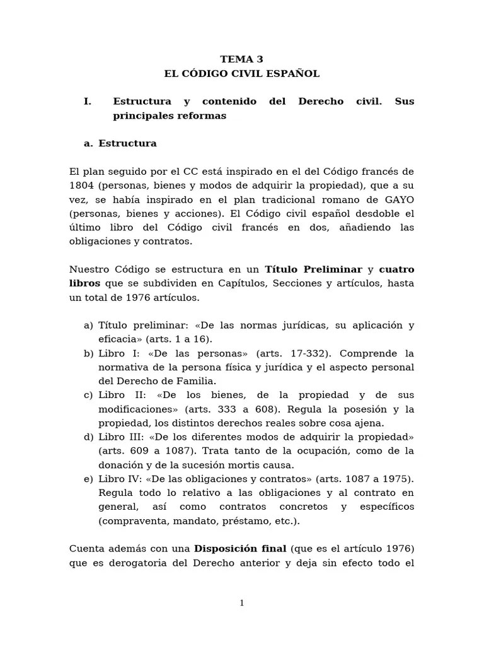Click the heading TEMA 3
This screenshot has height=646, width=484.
pyautogui.click(x=241, y=59)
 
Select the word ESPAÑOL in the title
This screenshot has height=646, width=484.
pyautogui.click(x=295, y=74)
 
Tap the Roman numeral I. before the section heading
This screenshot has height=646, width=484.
pyautogui.click(x=88, y=102)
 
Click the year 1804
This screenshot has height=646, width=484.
pyautogui.click(x=81, y=186)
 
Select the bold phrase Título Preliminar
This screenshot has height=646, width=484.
pyautogui.click(x=314, y=269)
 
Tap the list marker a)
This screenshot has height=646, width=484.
pyautogui.click(x=88, y=326)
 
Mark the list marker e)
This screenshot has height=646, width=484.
pyautogui.click(x=88, y=479)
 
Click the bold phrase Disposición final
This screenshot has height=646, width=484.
pyautogui.click(x=240, y=548)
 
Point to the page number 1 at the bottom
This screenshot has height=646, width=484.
pyautogui.click(x=241, y=603)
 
